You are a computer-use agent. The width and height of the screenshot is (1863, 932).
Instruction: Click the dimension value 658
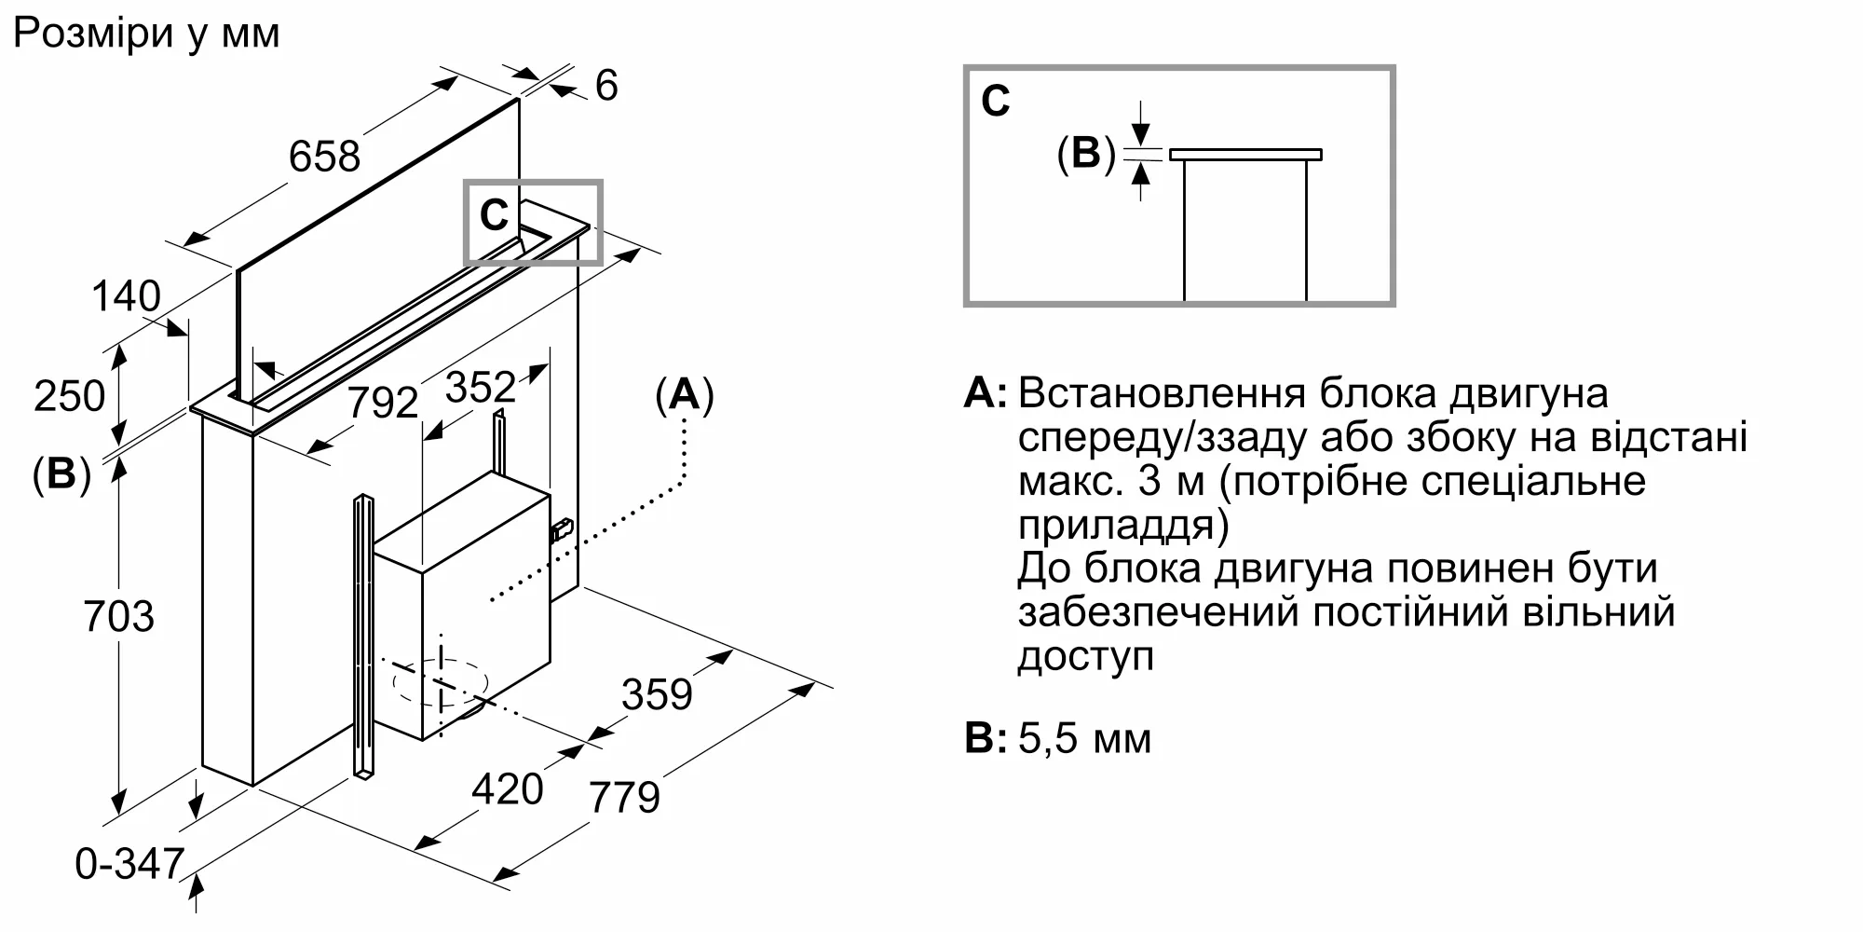pos(323,157)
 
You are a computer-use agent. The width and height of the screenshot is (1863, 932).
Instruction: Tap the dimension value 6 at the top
pos(606,87)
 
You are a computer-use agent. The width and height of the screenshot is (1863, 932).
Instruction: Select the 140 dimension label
pos(126,297)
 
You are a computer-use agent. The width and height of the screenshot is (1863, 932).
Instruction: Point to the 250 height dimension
pos(69,396)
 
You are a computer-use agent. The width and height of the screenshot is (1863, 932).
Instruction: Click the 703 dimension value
pos(118,617)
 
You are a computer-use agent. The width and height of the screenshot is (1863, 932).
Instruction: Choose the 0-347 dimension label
pos(129,865)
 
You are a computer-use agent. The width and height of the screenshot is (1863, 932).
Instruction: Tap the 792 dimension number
pos(383,404)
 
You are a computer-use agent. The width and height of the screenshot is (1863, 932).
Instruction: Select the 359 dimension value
pos(657,695)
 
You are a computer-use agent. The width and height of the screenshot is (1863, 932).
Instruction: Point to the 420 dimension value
pos(507,789)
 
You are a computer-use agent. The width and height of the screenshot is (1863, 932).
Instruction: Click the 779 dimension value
pos(624,798)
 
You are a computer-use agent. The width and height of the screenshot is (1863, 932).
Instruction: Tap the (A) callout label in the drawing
pos(685,396)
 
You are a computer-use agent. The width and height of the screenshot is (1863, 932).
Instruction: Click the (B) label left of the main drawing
pos(61,475)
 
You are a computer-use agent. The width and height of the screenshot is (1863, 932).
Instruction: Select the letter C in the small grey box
pos(494,216)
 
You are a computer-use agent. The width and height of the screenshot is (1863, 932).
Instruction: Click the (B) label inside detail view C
pos(1086,154)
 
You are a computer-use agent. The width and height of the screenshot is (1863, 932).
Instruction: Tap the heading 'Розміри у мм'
pos(146,34)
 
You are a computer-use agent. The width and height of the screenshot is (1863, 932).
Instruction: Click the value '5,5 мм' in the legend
pos(1084,739)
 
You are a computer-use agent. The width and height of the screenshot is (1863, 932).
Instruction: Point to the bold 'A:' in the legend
pos(985,394)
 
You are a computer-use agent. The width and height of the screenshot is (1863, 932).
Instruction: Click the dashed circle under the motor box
pos(441,683)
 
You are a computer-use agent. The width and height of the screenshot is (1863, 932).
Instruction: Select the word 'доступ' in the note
pos(1085,657)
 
